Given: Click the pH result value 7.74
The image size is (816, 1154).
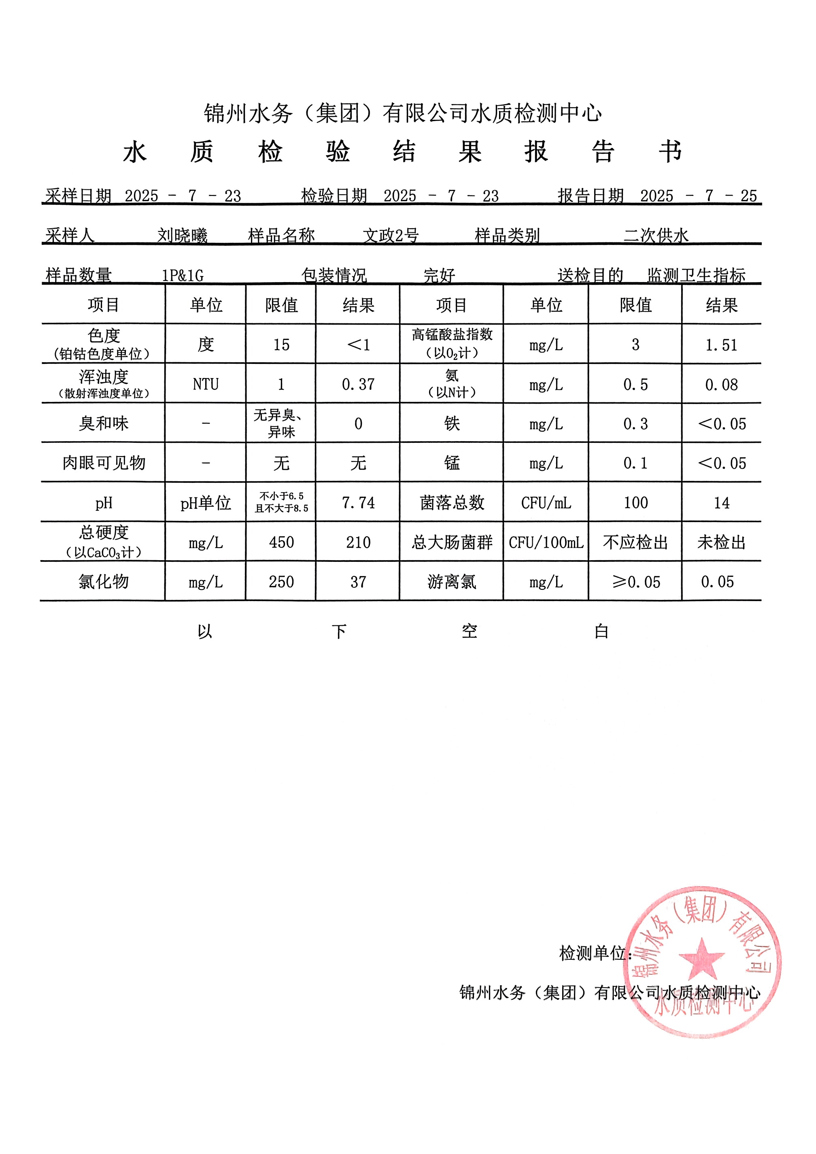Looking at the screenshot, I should point(358,503).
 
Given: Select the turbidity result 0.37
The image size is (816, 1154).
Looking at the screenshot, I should point(358,385).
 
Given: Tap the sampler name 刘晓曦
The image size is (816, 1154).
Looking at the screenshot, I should point(182,235).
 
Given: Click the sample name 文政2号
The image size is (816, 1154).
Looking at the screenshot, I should point(391,235).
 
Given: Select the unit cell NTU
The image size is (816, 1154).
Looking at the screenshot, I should point(206,385).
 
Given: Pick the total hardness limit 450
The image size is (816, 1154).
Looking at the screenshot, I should point(281,542).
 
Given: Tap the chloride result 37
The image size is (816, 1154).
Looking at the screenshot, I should point(358,582).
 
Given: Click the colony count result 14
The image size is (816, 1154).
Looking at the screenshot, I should point(722,503).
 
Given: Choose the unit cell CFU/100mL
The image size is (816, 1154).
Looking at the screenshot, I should point(546,542).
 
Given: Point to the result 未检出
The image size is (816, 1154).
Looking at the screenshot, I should point(722,542).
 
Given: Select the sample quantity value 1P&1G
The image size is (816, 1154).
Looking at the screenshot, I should point(183,275).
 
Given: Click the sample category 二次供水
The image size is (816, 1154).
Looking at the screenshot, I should point(656,235).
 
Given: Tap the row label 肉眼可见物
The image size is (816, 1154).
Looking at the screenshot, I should point(104,463).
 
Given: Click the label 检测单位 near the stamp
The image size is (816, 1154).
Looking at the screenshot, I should point(593,953).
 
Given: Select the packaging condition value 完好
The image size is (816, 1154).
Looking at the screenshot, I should point(439,275).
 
